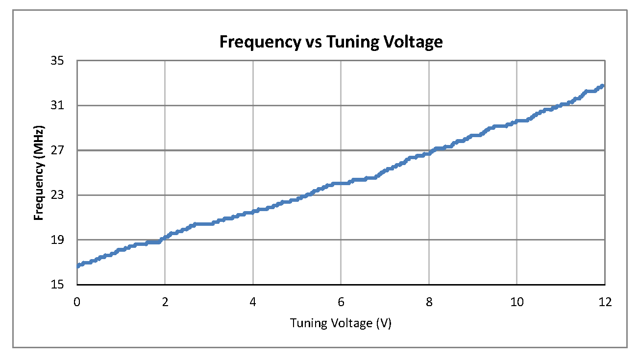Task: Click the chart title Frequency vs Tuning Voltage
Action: point(331,42)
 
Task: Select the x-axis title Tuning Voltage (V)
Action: point(341,323)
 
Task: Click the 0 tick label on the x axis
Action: point(77,302)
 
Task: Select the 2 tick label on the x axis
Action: point(165,302)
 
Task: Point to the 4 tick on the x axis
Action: point(253,302)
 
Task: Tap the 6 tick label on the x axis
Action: point(341,302)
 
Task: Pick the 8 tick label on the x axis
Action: point(429,302)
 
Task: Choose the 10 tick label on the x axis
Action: point(517,302)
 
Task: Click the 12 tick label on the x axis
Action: point(605,302)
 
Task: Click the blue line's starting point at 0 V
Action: point(77,266)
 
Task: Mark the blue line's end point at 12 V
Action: point(603,86)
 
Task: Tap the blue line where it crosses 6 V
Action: point(341,183)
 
